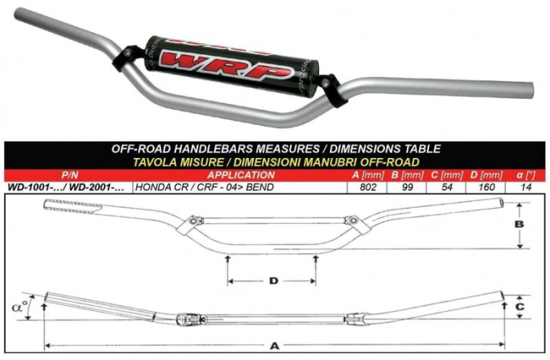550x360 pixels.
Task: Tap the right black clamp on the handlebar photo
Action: click(332, 90)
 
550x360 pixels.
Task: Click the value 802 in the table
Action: click(368, 187)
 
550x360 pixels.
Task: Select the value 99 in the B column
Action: click(407, 187)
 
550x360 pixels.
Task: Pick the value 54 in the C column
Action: click(446, 187)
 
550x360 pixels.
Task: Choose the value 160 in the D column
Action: click(486, 187)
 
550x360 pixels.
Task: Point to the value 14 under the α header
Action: click(526, 187)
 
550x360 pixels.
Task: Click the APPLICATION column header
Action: click(241, 175)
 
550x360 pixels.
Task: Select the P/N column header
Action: click(69, 175)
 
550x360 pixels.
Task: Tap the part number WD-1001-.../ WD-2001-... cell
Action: click(66, 187)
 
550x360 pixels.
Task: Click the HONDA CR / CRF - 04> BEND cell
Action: click(204, 187)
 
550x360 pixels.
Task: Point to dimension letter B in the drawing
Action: click(519, 224)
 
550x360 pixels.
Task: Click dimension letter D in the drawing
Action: click(273, 281)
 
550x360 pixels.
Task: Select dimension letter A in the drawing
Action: click(274, 347)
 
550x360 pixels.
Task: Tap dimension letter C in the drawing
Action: click(520, 307)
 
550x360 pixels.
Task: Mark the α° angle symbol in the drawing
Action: click(20, 307)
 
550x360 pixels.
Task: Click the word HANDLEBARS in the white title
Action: click(213, 149)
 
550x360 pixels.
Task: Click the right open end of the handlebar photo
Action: click(530, 91)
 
